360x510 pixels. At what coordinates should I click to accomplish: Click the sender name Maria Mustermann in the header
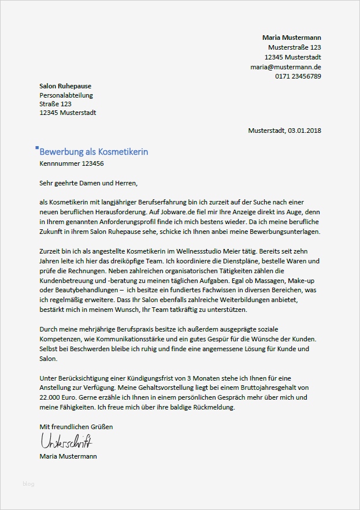tap(292, 38)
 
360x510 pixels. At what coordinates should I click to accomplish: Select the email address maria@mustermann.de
tap(285, 67)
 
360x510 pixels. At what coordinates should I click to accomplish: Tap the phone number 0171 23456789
tap(298, 76)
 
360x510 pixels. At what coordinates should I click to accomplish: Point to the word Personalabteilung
tap(66, 95)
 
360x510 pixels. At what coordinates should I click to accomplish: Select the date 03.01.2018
tap(304, 131)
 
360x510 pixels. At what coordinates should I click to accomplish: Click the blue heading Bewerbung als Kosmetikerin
tap(94, 151)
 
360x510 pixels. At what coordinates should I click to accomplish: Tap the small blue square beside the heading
tap(37, 148)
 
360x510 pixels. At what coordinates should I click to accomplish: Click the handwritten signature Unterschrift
tap(66, 442)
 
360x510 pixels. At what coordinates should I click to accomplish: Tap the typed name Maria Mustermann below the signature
tap(68, 456)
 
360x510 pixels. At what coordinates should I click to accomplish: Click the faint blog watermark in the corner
tap(28, 483)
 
